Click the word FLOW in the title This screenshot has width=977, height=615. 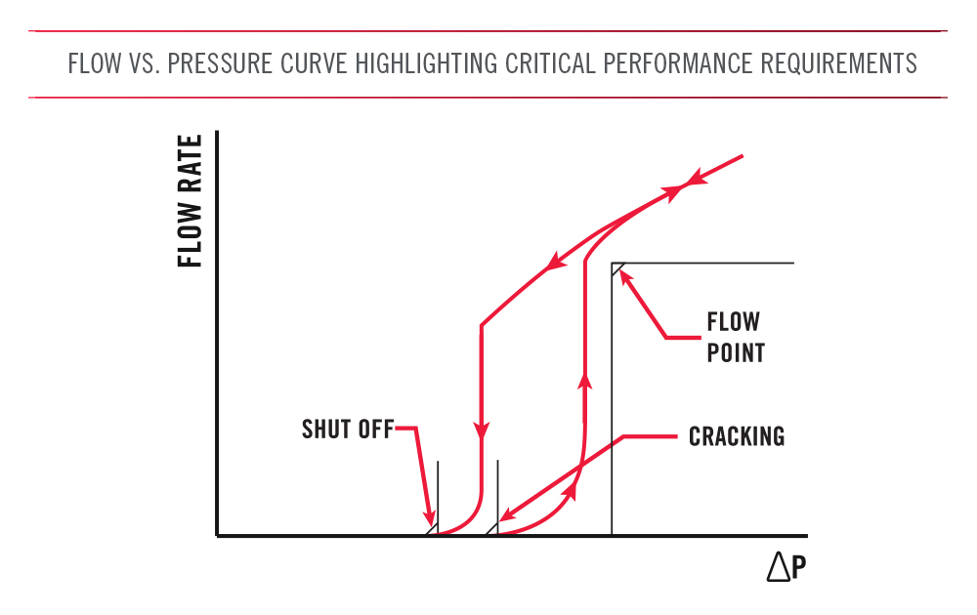tap(94, 64)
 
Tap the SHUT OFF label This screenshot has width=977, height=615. tap(347, 430)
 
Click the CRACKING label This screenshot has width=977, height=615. tap(737, 436)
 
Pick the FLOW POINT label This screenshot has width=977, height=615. tap(735, 337)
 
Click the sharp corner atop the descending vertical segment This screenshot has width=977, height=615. tap(481, 325)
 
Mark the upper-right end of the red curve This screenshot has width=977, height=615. tap(743, 155)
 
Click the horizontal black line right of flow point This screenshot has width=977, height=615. tap(703, 264)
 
